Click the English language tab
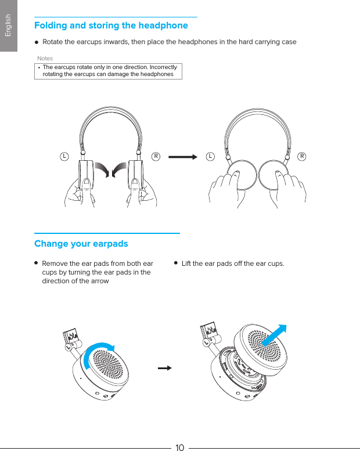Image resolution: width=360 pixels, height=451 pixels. coord(8,26)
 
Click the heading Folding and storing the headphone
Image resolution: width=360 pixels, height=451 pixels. coord(111,26)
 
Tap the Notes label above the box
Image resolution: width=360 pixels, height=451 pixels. coord(45,59)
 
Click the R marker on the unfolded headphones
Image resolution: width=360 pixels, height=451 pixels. coord(156,156)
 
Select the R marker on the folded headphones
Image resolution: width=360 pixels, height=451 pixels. coord(303,156)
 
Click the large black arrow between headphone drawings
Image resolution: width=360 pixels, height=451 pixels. coord(182,156)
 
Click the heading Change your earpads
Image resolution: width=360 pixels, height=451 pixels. coord(81,243)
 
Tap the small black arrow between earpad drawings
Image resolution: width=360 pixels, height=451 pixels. coord(165,368)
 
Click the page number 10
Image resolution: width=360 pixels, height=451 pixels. coord(179,447)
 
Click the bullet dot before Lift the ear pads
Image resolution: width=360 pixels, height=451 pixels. coord(176,263)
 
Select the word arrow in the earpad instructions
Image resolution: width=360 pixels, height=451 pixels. coord(100,281)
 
